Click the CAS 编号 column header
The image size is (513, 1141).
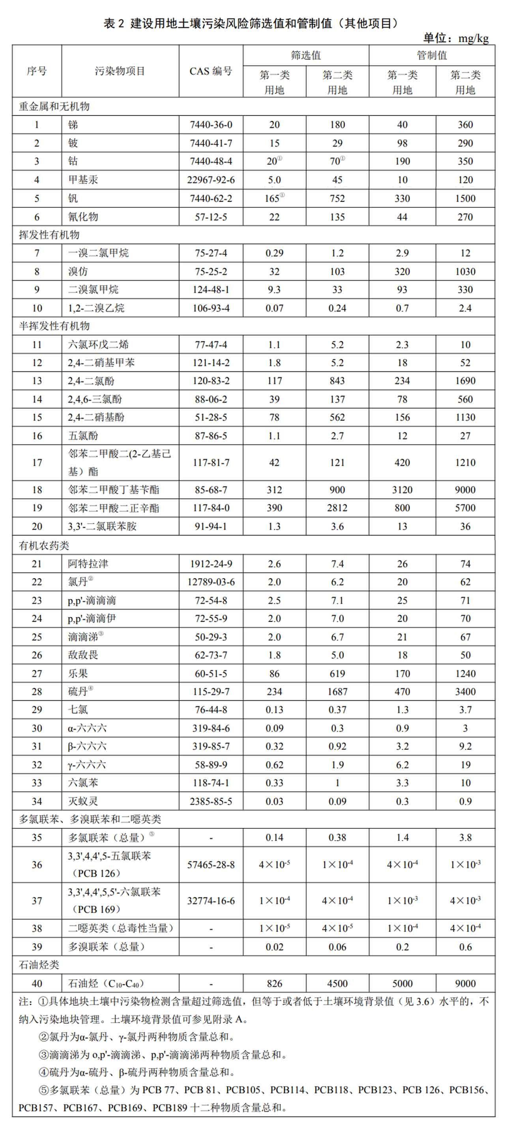tap(211, 71)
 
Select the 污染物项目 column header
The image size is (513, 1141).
tap(120, 71)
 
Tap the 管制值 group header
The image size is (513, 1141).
tap(432, 55)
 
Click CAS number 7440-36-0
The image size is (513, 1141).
tap(211, 125)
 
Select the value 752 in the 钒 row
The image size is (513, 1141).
tap(337, 199)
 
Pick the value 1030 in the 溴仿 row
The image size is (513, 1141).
tap(465, 272)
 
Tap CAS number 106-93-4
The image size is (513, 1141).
tap(211, 308)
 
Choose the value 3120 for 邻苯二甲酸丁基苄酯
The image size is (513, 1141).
tap(402, 490)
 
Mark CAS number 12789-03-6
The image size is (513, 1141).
tap(211, 582)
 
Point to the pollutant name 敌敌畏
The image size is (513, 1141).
tap(83, 655)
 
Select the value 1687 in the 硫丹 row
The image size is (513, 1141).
tap(337, 691)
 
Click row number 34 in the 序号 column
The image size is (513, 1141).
tap(37, 801)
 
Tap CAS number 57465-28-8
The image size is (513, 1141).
tap(211, 865)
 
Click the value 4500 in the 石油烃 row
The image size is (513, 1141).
tap(337, 984)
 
